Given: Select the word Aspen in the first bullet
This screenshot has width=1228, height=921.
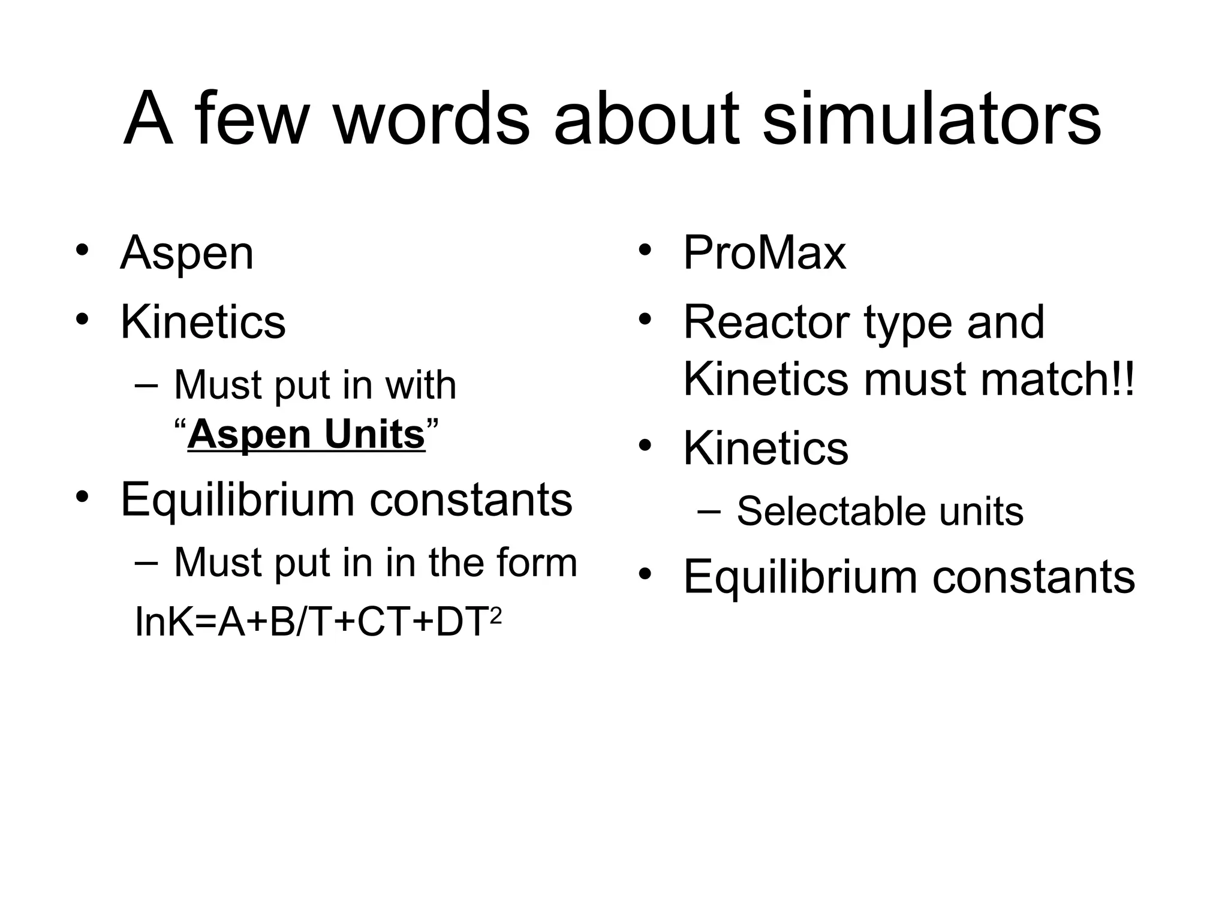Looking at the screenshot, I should [187, 254].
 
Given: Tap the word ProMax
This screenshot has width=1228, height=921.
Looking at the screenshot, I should [765, 253].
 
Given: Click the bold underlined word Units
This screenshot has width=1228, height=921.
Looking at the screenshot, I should [375, 434].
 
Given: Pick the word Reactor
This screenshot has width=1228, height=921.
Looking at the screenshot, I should [766, 323].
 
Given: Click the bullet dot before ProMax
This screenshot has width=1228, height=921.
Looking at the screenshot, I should [645, 249].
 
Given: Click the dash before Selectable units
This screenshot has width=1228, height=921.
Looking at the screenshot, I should [710, 511].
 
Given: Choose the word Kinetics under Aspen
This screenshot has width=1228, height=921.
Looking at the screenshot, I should [203, 323].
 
